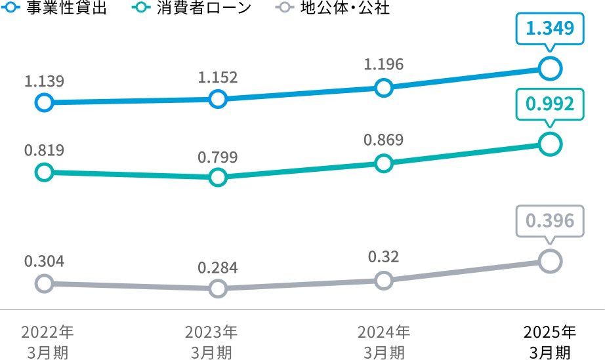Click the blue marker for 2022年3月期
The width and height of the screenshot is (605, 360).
pos(44,102)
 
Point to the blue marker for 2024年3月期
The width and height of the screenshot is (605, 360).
pos(384,88)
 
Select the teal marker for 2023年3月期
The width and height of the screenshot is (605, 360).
pos(218,177)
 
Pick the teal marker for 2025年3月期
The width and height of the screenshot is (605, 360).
pos(550,144)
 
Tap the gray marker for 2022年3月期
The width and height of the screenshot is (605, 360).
pos(44,283)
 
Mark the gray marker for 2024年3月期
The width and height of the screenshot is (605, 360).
pos(384,281)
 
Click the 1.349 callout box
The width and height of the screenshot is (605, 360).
pos(550,28)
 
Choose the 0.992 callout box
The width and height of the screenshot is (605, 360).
pos(550,104)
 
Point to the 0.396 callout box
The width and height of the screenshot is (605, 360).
pos(550,221)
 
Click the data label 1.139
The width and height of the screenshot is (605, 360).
pos(44,81)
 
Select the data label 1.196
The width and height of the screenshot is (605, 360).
pos(384,64)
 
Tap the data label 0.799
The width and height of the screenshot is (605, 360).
pos(218,157)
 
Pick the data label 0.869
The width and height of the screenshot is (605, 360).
pos(384,140)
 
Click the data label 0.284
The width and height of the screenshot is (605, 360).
pos(218,268)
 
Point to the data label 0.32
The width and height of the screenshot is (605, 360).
pos(384,256)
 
